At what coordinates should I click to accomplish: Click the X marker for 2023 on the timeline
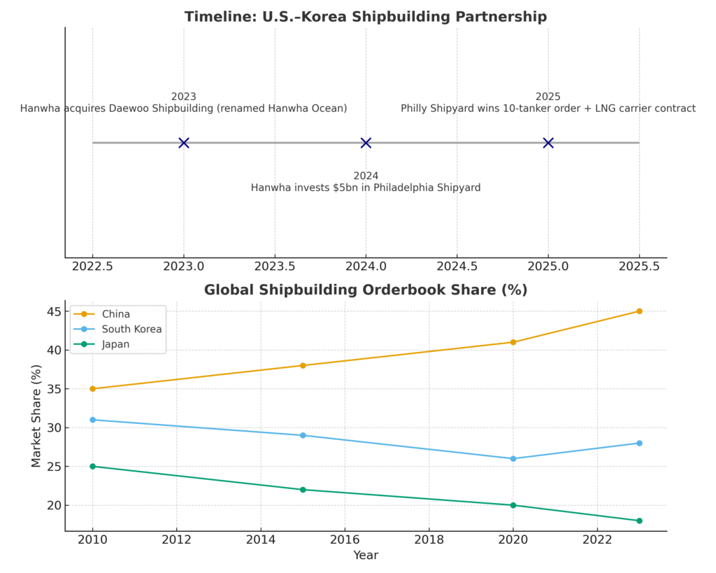tap(183, 143)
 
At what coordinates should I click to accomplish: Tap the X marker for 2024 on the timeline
tap(366, 143)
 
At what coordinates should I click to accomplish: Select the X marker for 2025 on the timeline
tap(548, 143)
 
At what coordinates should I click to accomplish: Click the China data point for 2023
tap(639, 311)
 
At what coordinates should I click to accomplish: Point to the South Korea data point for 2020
tap(513, 459)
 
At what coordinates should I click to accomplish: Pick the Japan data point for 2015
tap(303, 490)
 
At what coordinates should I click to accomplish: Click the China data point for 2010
tap(92, 389)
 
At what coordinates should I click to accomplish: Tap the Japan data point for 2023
tap(639, 521)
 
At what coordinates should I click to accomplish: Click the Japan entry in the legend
tap(116, 344)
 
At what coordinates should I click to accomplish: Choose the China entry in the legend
tap(115, 314)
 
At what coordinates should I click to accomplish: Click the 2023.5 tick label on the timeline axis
tap(275, 267)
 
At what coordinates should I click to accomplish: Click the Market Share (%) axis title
tap(37, 416)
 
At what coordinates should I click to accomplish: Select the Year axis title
tap(366, 556)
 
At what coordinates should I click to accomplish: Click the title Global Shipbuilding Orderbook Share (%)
tap(366, 290)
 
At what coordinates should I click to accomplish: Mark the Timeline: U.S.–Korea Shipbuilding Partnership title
tap(366, 17)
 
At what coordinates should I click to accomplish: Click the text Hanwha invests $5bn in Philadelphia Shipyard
tap(366, 188)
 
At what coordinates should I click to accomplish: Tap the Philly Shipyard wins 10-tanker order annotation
tap(548, 108)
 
